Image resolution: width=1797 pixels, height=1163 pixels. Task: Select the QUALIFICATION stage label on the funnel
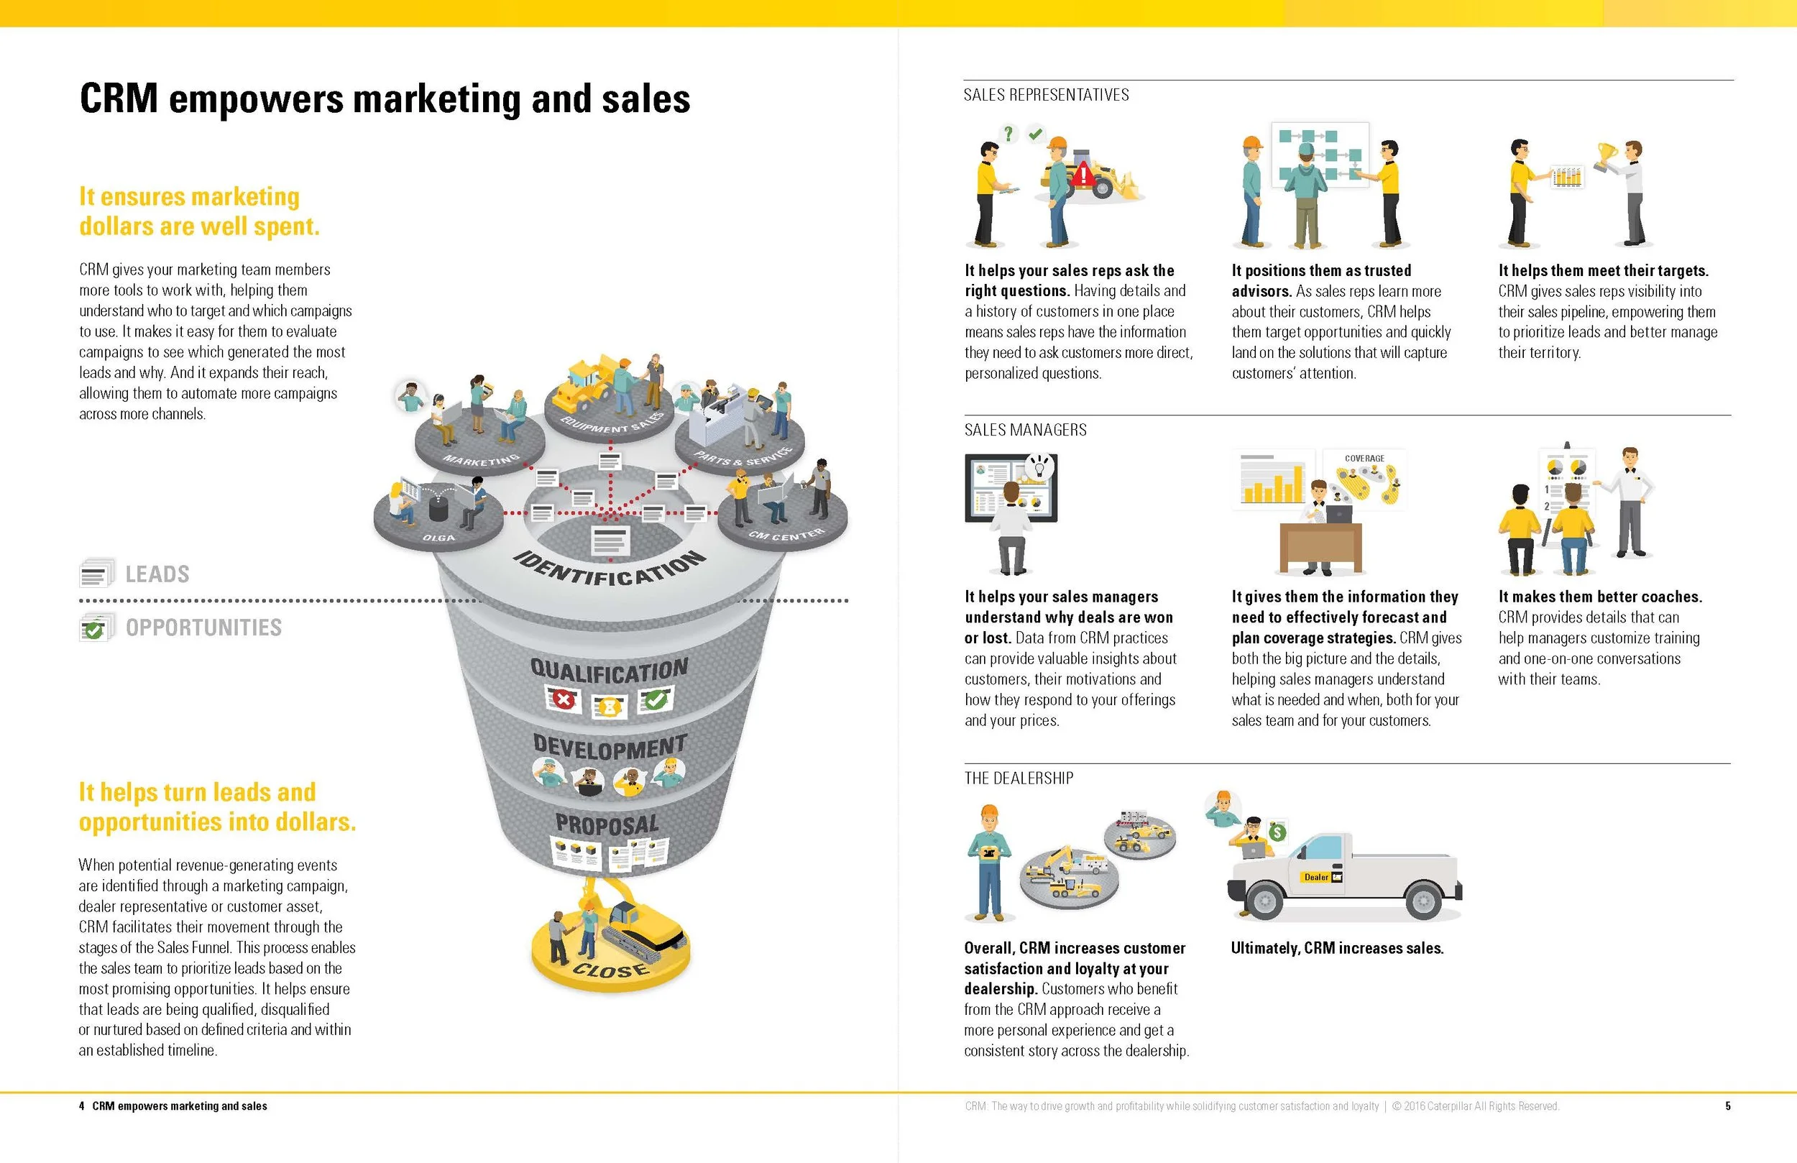click(610, 669)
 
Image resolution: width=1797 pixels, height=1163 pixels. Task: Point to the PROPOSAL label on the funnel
click(607, 824)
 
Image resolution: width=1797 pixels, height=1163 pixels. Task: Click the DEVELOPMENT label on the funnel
click(610, 746)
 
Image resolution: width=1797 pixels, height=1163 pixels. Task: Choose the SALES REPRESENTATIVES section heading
click(1046, 95)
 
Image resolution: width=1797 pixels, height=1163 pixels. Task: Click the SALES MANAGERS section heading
click(1025, 431)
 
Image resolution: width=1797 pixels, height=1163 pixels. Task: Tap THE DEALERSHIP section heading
click(1019, 778)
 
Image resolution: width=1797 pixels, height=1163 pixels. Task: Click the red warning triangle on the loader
click(1083, 175)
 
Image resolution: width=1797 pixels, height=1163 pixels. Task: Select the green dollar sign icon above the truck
click(1277, 832)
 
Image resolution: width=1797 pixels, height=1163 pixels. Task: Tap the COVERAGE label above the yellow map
click(1364, 459)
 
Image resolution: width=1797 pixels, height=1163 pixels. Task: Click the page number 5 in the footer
click(1727, 1106)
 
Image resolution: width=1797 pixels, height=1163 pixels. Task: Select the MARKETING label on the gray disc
click(481, 459)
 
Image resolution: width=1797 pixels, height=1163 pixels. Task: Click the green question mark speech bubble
click(1008, 134)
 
